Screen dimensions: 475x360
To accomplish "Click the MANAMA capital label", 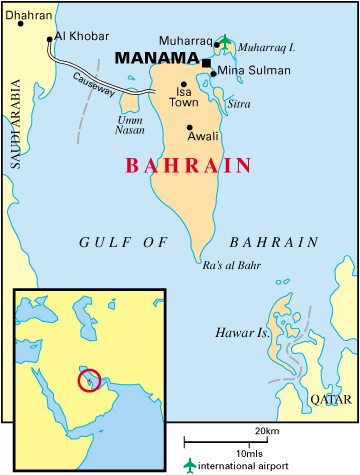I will (157, 59).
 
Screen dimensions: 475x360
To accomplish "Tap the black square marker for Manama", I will (206, 63).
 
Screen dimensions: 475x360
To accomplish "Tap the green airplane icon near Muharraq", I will (224, 42).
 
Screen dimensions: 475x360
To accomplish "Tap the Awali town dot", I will (190, 128).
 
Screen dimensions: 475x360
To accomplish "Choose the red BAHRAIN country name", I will (187, 166).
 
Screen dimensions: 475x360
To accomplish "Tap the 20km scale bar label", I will (266, 430).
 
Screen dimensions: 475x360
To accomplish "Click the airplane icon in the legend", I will (189, 465).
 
